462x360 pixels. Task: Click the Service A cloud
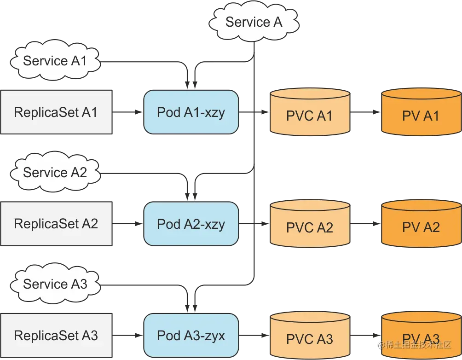(x=254, y=22)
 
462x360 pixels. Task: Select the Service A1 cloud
(x=55, y=61)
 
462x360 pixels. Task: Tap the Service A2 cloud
(x=55, y=173)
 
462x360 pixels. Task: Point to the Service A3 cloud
(x=55, y=284)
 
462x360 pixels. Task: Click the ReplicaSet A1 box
(x=56, y=112)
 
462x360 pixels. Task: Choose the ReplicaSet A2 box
(x=56, y=224)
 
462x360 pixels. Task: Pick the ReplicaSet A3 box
(x=56, y=336)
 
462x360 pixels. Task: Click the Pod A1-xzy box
(x=191, y=112)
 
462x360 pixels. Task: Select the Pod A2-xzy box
(x=191, y=224)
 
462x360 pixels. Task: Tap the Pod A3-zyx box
(x=191, y=336)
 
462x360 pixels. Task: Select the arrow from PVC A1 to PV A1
(x=365, y=112)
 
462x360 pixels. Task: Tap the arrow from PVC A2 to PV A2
(x=365, y=224)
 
